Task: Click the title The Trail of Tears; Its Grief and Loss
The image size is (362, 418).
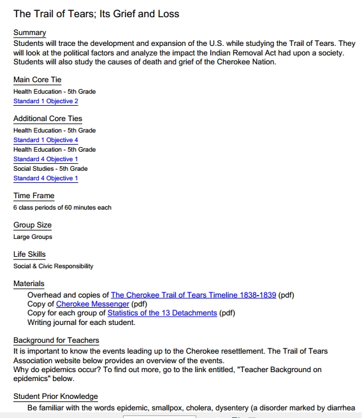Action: coord(96,13)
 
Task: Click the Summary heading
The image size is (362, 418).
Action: coord(29,32)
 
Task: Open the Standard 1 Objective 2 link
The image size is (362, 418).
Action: coord(46,101)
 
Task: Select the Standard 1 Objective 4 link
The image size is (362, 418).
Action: coord(46,140)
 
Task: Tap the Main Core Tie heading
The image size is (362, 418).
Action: coord(38,80)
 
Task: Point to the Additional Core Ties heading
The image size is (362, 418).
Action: coord(48,119)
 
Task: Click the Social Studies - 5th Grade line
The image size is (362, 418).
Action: coord(50,168)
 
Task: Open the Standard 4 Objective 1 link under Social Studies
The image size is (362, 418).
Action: coord(46,178)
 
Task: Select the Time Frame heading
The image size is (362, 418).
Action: coord(34,196)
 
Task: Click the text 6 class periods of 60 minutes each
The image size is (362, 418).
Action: coord(62,208)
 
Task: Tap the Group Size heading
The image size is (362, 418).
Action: coord(33,225)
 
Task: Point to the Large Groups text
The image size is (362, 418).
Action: coord(33,237)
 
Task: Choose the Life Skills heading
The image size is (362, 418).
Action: coord(29,254)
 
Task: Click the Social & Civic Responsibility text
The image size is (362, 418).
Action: coord(54,266)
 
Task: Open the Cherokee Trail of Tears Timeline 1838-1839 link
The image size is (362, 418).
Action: coord(193,295)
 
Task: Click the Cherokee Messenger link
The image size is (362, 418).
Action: coord(92,304)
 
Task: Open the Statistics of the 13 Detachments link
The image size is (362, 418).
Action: coord(162,313)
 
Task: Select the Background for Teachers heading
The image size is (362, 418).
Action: coord(57,341)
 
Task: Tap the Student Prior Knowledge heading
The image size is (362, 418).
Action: coord(55,396)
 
